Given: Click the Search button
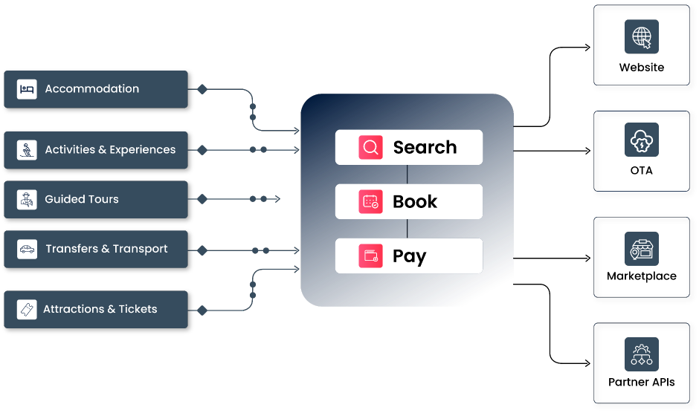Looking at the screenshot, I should click(409, 147).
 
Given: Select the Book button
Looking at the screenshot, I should click(409, 201).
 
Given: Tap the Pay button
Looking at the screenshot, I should click(409, 256).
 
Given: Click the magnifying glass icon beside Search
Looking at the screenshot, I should click(370, 147).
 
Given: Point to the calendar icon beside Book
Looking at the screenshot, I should click(370, 201).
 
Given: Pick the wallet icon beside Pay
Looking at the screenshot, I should click(370, 256).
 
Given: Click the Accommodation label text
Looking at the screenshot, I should click(91, 89).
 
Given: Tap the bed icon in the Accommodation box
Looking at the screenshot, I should click(27, 89).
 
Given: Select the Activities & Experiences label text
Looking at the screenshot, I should click(110, 150).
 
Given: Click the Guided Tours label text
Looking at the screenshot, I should click(82, 199).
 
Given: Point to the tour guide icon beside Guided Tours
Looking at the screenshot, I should click(27, 199).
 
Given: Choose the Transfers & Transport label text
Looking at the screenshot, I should click(106, 249).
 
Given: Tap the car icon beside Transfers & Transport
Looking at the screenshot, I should click(27, 249).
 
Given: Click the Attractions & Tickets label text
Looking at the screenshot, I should click(100, 309).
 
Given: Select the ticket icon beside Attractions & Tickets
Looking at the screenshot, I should click(27, 309).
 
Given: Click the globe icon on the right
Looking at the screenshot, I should click(641, 36).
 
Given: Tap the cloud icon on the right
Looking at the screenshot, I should click(641, 140).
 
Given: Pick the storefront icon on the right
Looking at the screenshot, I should click(641, 250).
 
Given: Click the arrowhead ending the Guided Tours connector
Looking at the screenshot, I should click(277, 199).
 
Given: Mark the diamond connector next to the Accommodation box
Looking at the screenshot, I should click(202, 89).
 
